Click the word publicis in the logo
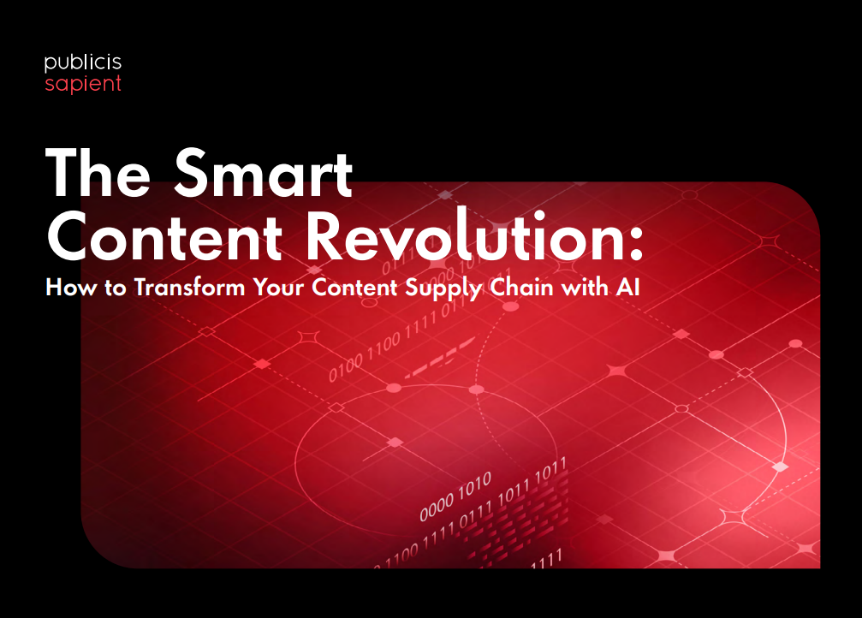click(x=83, y=63)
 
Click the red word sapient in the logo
click(x=83, y=84)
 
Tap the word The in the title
click(x=98, y=173)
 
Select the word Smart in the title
click(x=264, y=173)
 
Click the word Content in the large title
click(x=164, y=237)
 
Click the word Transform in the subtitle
click(x=190, y=287)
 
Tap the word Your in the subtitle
click(x=277, y=288)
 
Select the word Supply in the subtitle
click(x=443, y=289)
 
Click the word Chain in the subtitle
click(x=521, y=287)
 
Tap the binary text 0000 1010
click(x=455, y=497)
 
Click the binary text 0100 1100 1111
click(x=383, y=347)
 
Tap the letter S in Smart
click(x=193, y=173)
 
